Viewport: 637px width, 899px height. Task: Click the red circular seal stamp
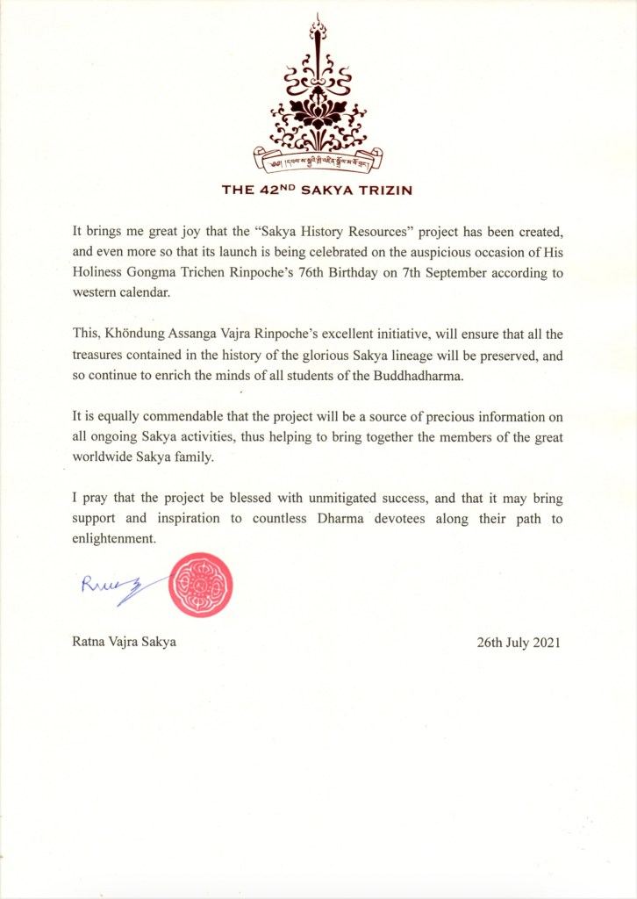[x=200, y=585]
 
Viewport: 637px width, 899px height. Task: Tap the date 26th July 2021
[x=519, y=642]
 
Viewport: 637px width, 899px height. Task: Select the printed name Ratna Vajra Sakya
[x=124, y=642]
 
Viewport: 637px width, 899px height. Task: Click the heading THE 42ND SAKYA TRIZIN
[x=317, y=189]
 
